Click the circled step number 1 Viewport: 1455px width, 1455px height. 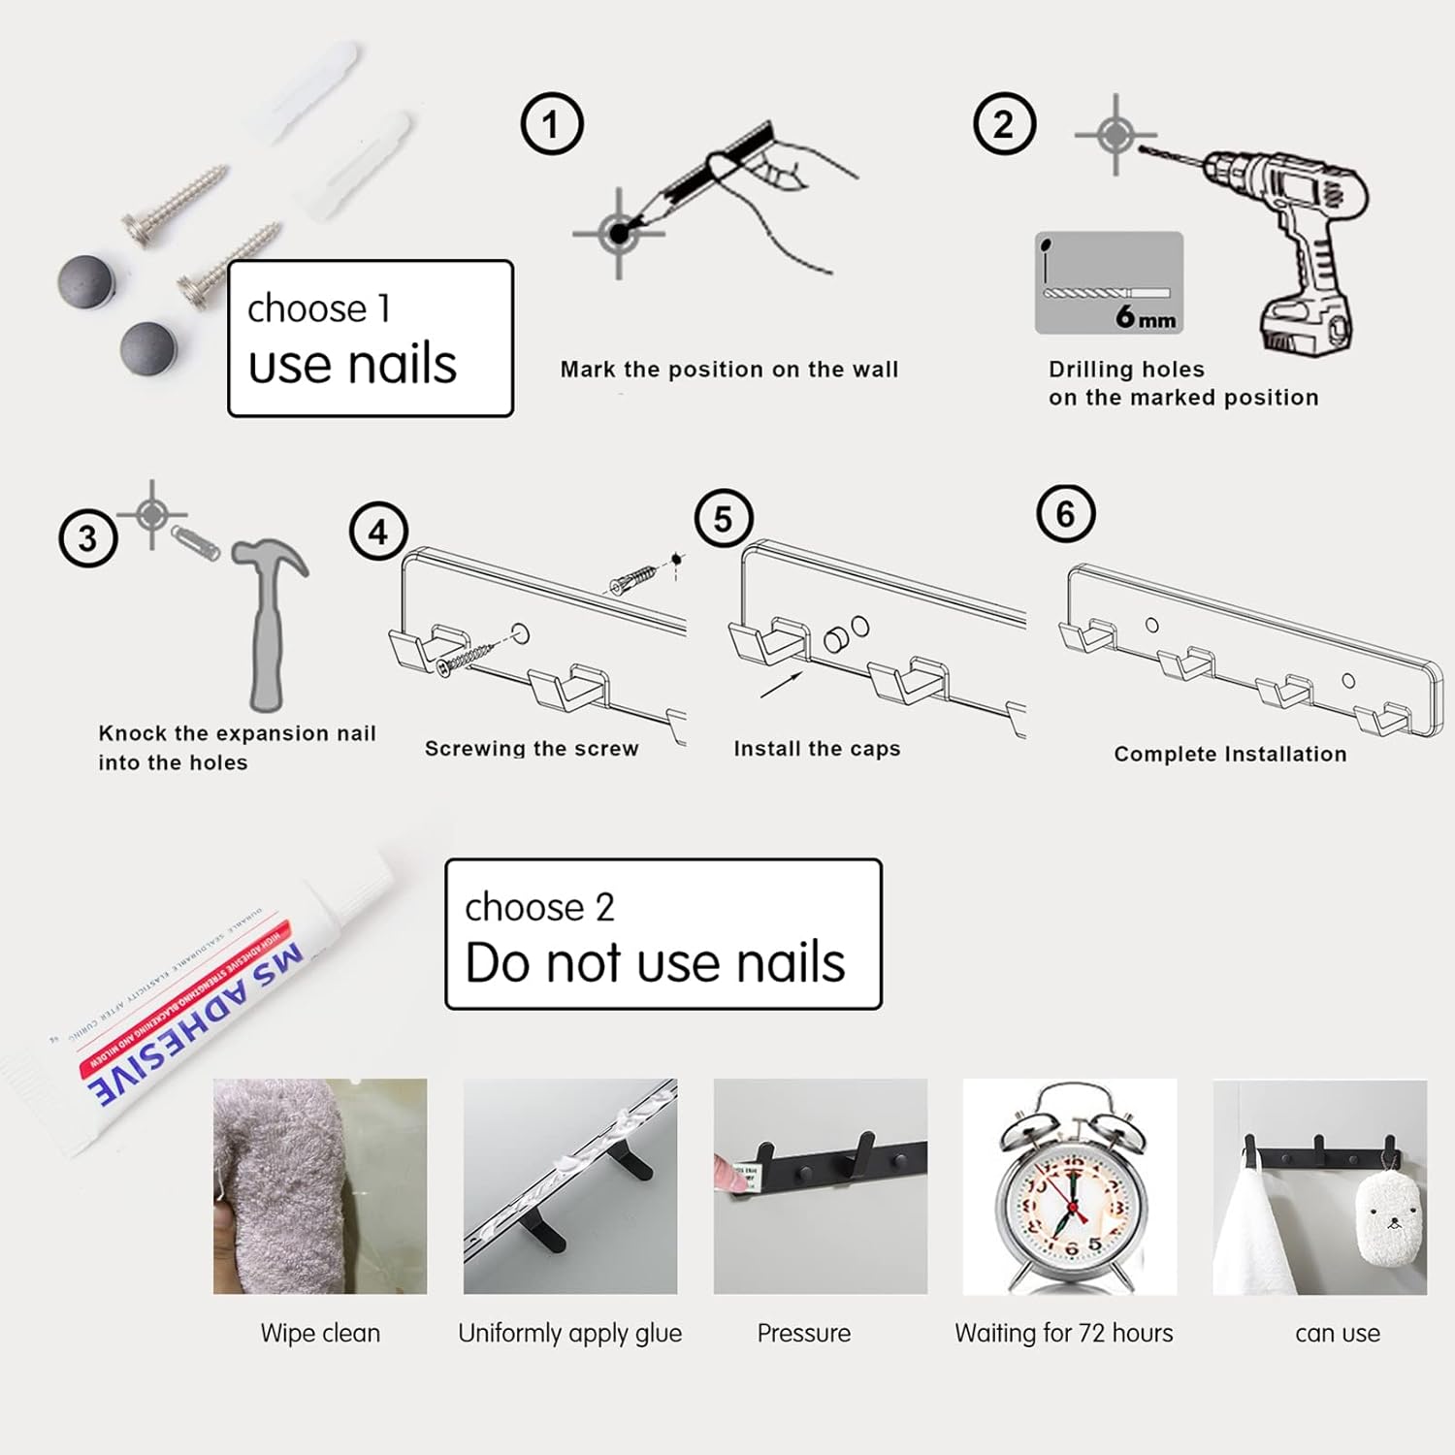tap(552, 124)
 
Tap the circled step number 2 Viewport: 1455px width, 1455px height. tap(1004, 124)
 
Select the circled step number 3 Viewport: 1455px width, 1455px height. tap(88, 537)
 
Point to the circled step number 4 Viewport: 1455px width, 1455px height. tap(378, 532)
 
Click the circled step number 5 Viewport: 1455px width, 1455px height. tap(724, 519)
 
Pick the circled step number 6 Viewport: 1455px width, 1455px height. tap(1065, 514)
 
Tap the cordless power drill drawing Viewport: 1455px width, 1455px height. tap(1290, 242)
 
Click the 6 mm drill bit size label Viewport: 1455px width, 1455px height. tap(1145, 316)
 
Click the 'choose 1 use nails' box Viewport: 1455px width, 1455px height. tap(370, 339)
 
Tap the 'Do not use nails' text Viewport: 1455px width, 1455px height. tap(655, 962)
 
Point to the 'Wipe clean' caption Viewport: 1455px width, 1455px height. tap(320, 1334)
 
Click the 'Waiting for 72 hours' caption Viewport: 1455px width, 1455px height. tap(1064, 1334)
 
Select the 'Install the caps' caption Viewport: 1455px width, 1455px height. tap(817, 749)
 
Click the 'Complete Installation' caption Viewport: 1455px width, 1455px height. tap(1230, 754)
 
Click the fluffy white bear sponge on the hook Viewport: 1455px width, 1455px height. tap(1391, 1217)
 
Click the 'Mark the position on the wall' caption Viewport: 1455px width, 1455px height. tap(729, 370)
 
